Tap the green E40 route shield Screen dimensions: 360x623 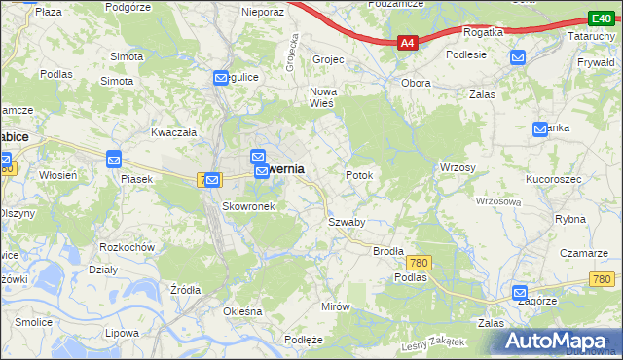(x=601, y=18)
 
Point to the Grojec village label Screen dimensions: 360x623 (x=328, y=59)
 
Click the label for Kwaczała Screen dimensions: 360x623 (x=174, y=131)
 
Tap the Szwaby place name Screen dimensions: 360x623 (x=346, y=222)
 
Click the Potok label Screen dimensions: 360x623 (x=359, y=175)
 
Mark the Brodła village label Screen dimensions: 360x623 (x=388, y=250)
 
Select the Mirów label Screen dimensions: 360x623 (x=335, y=306)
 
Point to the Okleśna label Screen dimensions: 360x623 (x=243, y=311)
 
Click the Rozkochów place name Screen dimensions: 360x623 (x=128, y=247)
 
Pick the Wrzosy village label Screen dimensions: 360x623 (x=458, y=167)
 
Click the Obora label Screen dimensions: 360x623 (x=416, y=83)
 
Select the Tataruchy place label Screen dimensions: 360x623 (x=590, y=35)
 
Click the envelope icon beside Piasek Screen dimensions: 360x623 (x=114, y=159)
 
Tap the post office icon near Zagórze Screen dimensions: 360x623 (x=520, y=292)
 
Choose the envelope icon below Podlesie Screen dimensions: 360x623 (x=517, y=57)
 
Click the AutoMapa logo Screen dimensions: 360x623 (x=560, y=341)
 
